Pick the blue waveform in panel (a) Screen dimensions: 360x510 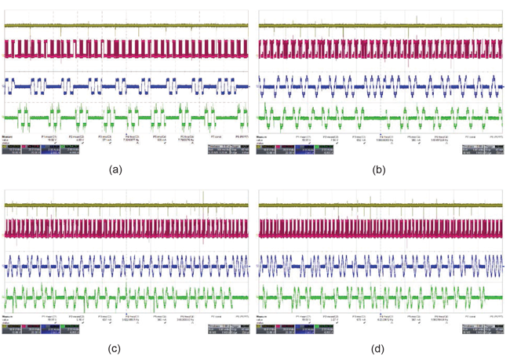(126, 86)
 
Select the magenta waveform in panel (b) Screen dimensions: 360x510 (381, 49)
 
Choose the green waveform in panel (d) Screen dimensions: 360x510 (381, 299)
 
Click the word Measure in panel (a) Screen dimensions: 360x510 (7, 136)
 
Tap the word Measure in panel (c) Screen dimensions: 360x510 (7, 317)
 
